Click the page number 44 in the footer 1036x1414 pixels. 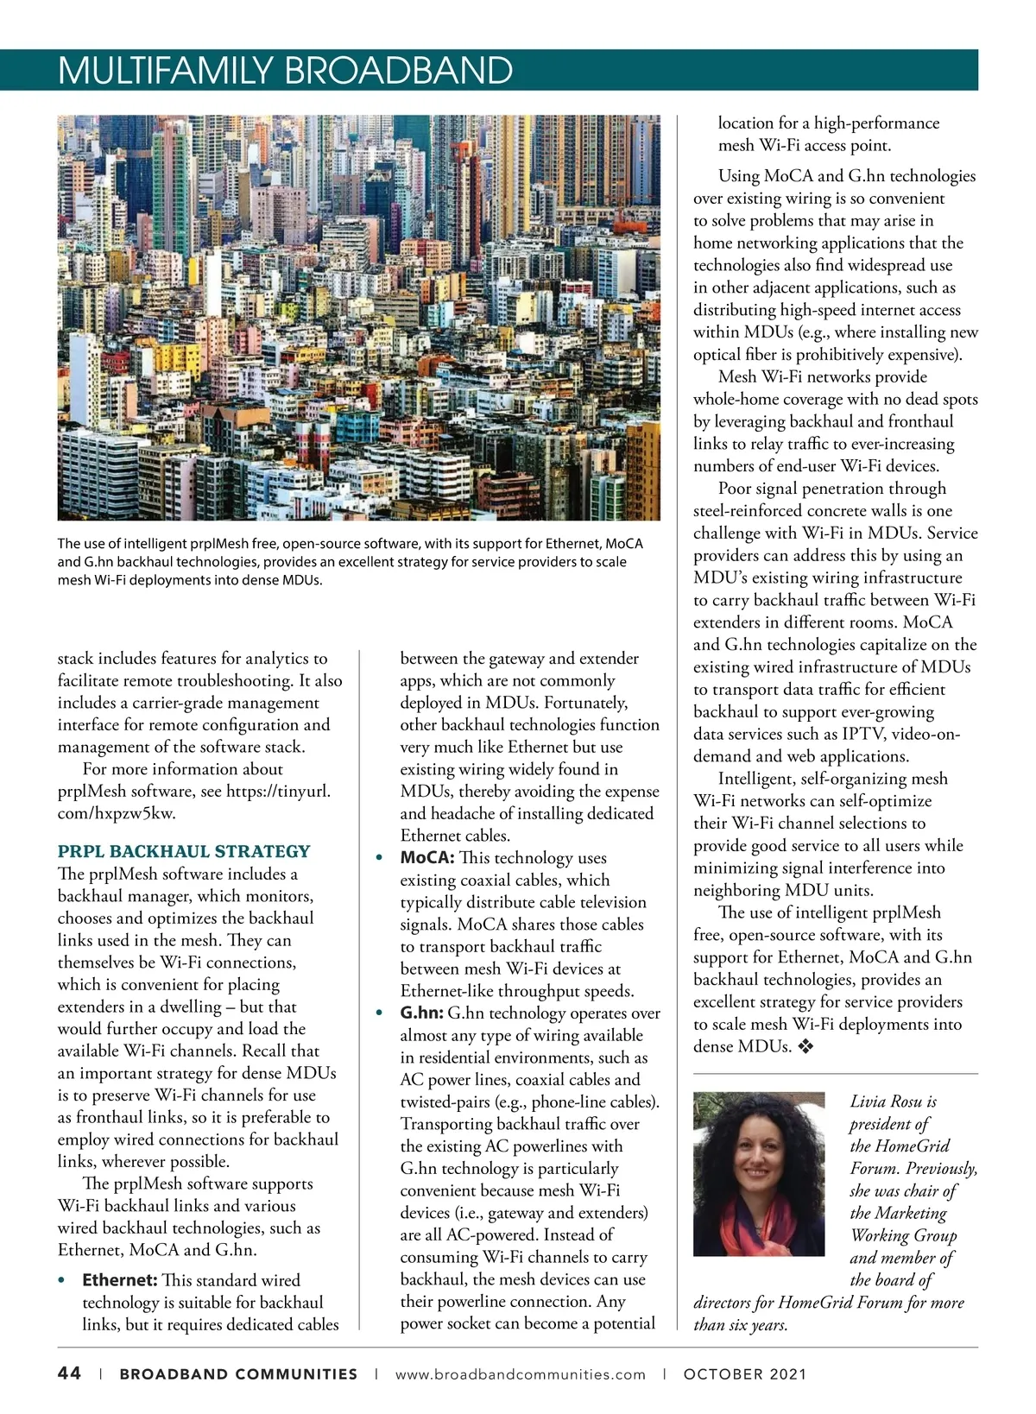pyautogui.click(x=69, y=1373)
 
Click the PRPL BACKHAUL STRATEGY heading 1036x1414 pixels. pyautogui.click(x=184, y=851)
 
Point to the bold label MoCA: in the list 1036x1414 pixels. pyautogui.click(x=426, y=858)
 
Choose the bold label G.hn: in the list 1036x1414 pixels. pyautogui.click(x=421, y=1013)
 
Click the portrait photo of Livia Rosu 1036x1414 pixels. pyautogui.click(x=759, y=1174)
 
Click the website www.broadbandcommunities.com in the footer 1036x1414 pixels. pyautogui.click(x=520, y=1374)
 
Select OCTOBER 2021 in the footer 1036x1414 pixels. pyautogui.click(x=745, y=1374)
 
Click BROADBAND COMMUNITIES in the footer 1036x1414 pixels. pyautogui.click(x=238, y=1374)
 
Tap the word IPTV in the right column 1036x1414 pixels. pyautogui.click(x=863, y=735)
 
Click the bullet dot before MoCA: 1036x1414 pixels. pyautogui.click(x=379, y=859)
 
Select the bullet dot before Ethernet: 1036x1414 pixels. pyautogui.click(x=61, y=1281)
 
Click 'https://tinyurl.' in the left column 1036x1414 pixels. pyautogui.click(x=278, y=792)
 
